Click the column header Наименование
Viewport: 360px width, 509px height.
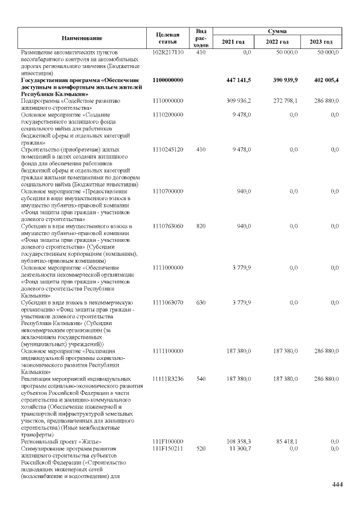coord(82,38)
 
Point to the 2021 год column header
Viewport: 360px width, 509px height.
coord(233,42)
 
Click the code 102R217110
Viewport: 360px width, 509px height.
coord(168,52)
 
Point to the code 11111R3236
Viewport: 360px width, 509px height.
coord(168,379)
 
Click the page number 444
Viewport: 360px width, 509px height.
coord(337,485)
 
